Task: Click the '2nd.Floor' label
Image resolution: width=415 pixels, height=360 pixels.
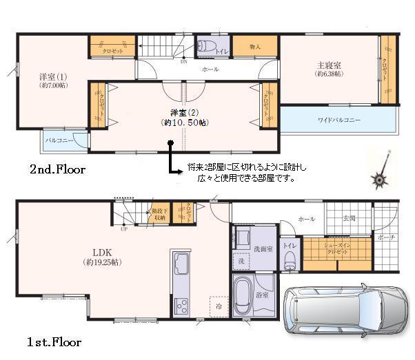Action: click(x=57, y=169)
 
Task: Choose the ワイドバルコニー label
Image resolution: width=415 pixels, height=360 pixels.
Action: click(x=338, y=120)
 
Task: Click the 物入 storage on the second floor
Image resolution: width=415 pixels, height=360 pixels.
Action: click(x=254, y=47)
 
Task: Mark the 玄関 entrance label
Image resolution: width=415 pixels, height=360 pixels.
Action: click(x=349, y=218)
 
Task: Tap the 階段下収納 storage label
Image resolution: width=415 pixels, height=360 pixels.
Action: click(x=159, y=214)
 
